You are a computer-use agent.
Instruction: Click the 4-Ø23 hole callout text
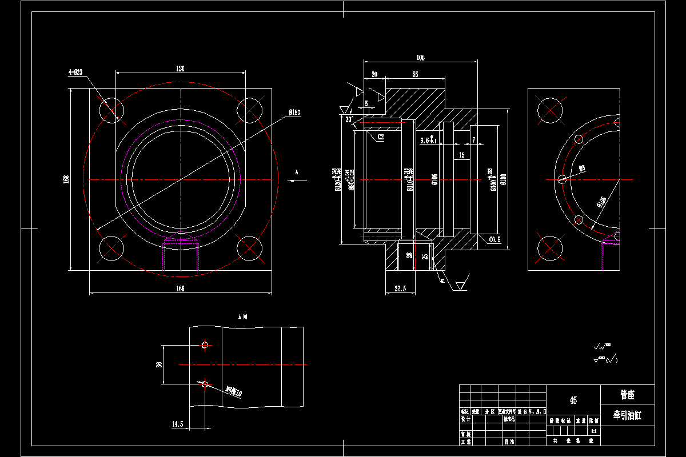pos(75,72)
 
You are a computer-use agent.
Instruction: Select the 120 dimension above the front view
pos(180,69)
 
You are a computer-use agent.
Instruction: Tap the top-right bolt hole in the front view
pos(249,110)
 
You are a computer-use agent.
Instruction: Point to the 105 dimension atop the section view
pos(421,58)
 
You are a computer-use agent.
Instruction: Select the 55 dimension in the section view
pos(415,75)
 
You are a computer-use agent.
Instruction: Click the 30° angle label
pos(349,120)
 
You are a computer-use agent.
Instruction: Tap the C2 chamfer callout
pos(381,137)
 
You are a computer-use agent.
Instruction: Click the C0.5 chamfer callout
pos(494,240)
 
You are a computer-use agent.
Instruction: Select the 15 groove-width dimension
pos(461,155)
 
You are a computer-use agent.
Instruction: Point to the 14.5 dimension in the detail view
pos(177,424)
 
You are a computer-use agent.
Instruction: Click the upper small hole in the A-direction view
pos(205,345)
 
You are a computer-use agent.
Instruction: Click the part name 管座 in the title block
pos(628,395)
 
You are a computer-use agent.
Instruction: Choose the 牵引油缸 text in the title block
pos(628,416)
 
